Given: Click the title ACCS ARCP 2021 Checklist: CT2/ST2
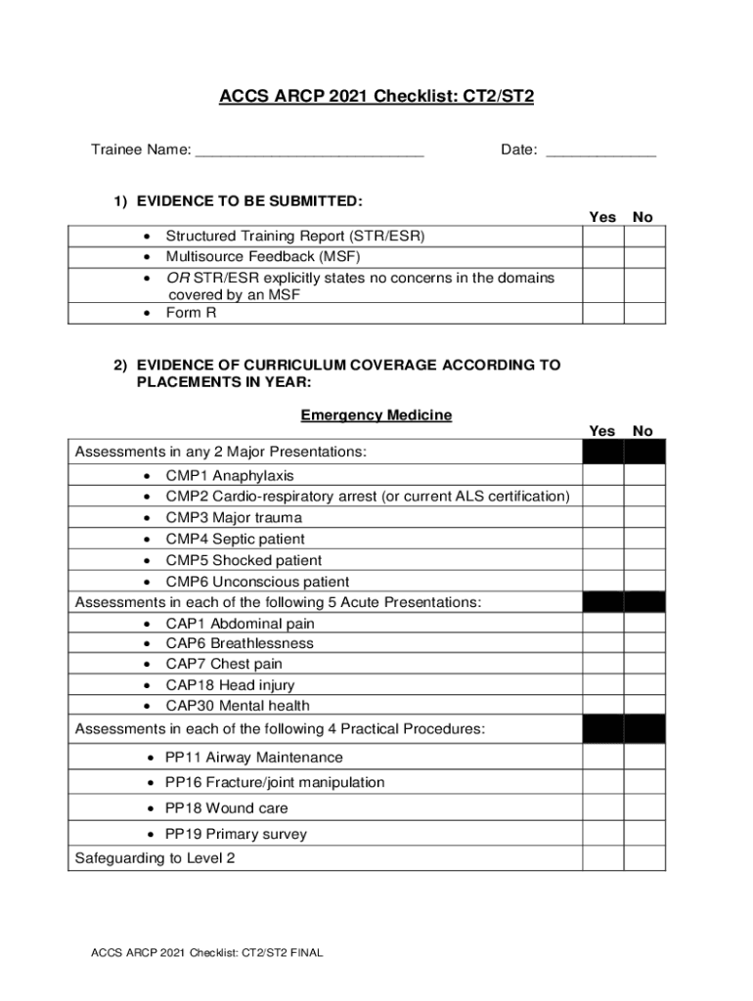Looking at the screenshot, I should [x=376, y=97].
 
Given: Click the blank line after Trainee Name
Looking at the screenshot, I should [x=309, y=152].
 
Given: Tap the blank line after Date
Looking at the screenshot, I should [x=600, y=152].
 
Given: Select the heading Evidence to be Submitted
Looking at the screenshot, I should [x=249, y=201].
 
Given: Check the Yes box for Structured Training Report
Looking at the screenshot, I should [x=602, y=237].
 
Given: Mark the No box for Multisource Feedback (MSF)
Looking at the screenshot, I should [x=644, y=257].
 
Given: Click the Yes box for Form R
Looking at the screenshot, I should [x=602, y=313].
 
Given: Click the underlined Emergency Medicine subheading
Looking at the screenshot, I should [x=376, y=415].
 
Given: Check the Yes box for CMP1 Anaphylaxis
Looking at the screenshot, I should [x=602, y=475].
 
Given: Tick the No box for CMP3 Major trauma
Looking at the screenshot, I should [x=644, y=517].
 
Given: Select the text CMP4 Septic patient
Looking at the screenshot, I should [x=235, y=539].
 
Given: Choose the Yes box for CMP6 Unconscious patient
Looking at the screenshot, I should [x=602, y=581].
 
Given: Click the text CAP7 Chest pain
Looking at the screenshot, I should [x=224, y=665].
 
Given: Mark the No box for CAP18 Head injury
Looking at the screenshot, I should [x=644, y=685].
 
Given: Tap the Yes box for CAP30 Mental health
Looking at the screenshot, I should [x=602, y=706].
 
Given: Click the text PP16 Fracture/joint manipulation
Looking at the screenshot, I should [x=275, y=783].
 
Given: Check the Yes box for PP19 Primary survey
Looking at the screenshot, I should [x=602, y=834].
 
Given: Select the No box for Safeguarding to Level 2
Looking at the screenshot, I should [x=644, y=858].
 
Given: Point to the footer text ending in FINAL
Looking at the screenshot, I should [x=206, y=953].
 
